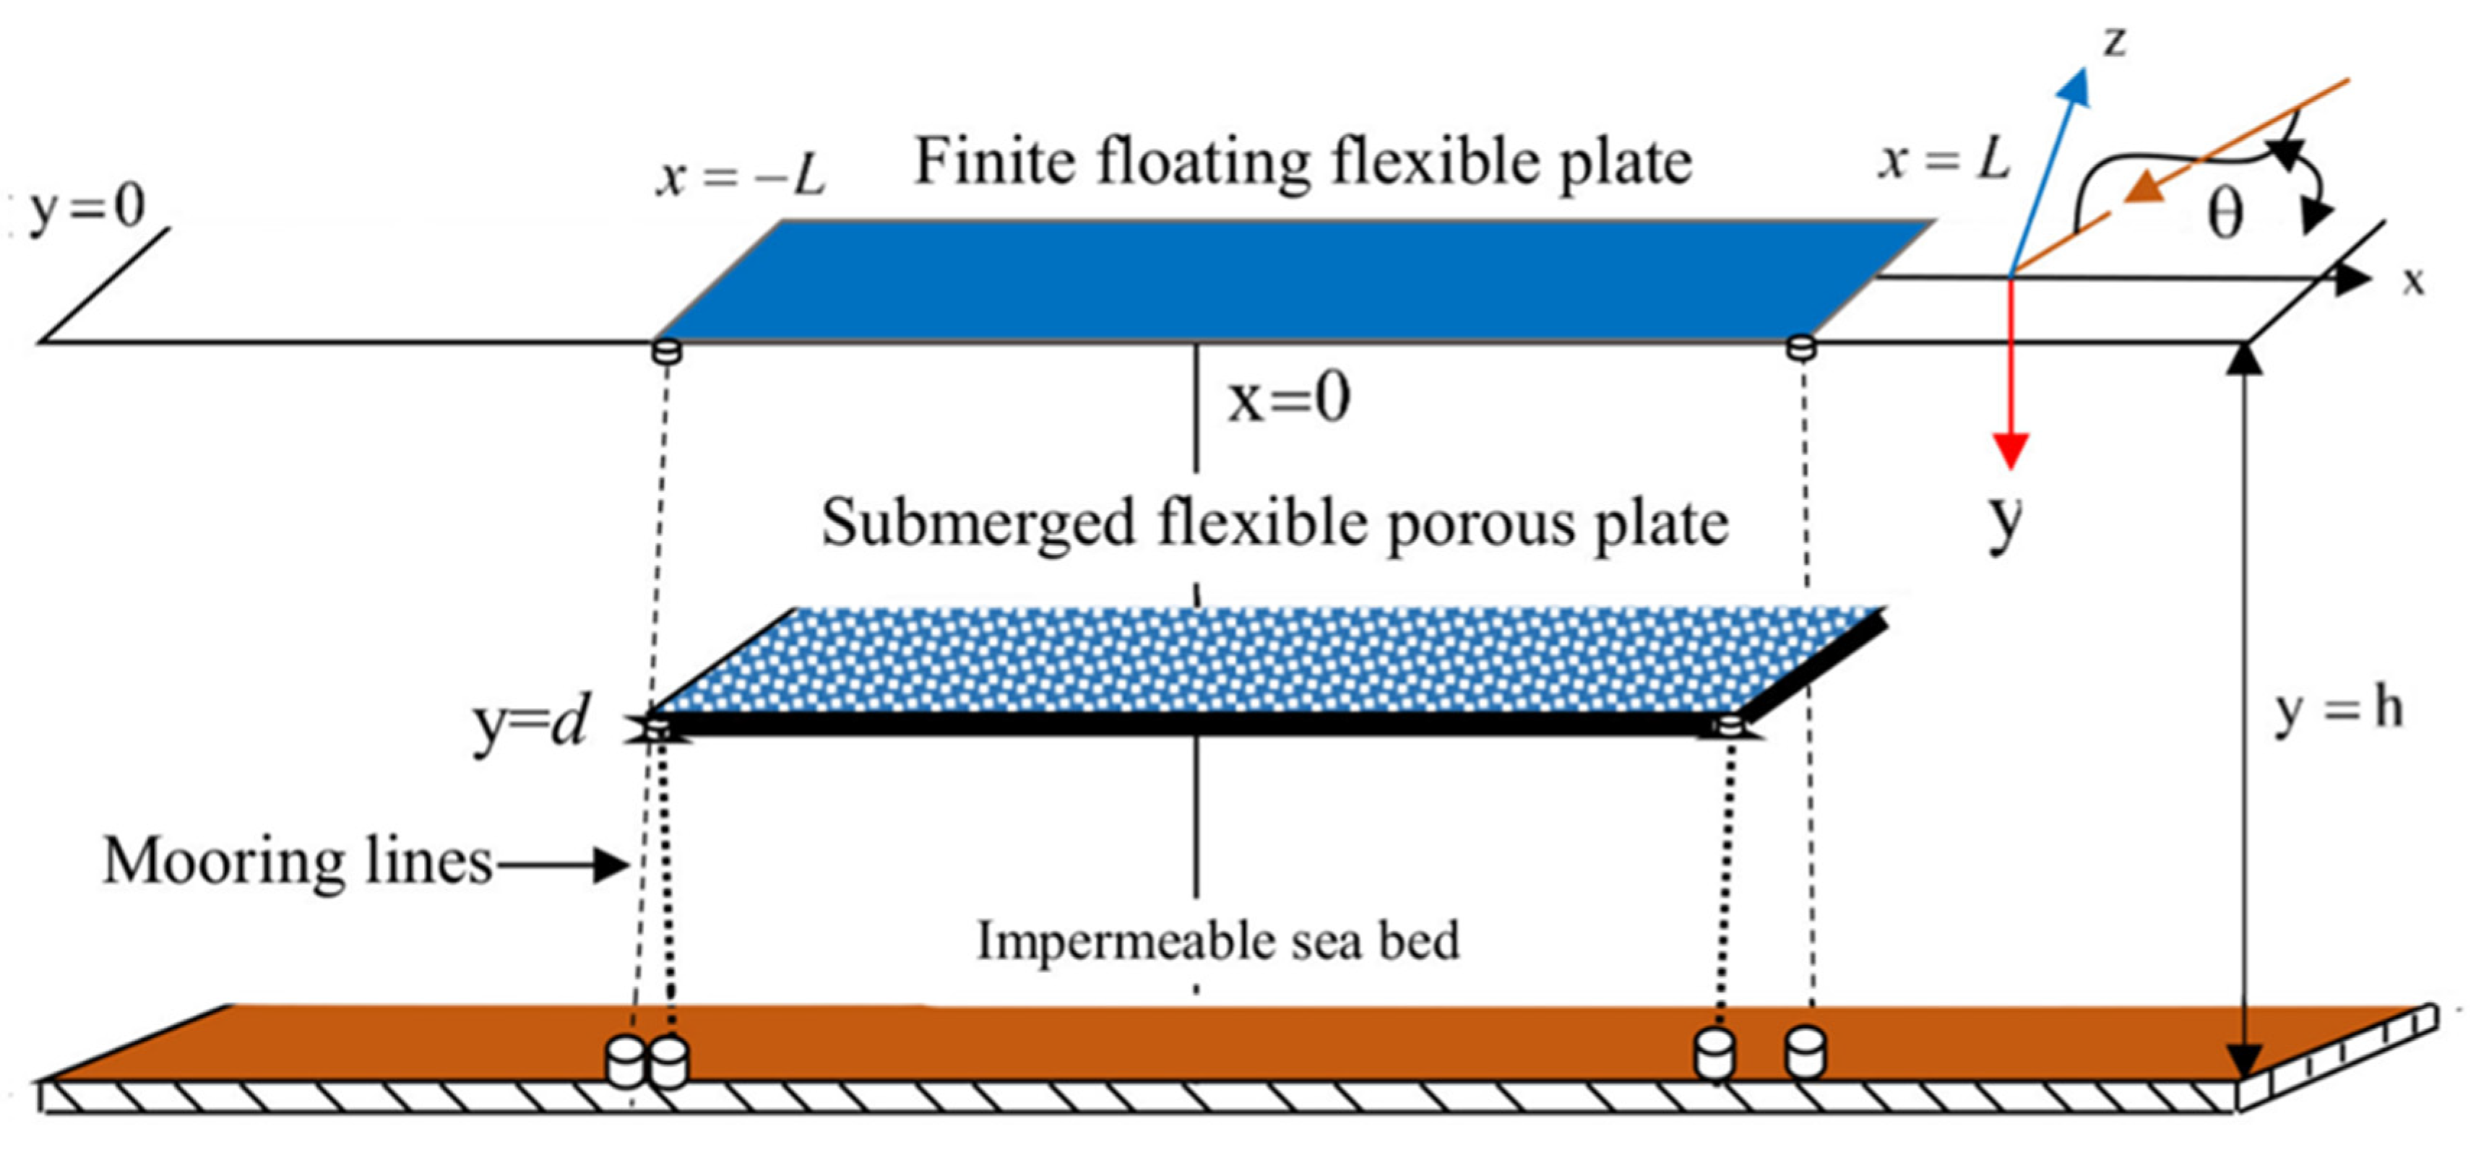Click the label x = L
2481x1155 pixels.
[x=1943, y=159]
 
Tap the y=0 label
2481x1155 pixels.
[x=87, y=207]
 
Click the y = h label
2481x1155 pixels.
[x=2339, y=711]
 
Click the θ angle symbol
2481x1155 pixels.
[x=2225, y=214]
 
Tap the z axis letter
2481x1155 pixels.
[x=2113, y=43]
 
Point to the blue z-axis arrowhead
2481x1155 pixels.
[x=2074, y=87]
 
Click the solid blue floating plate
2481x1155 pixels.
[x=1290, y=280]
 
